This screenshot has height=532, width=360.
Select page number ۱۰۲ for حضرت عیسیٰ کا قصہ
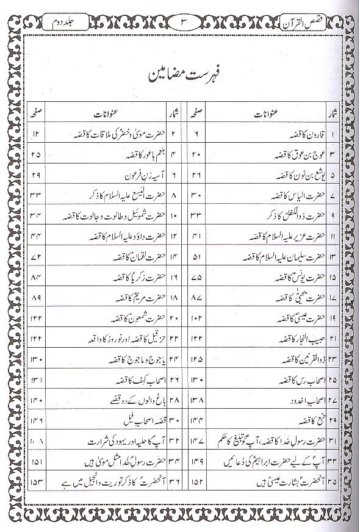pos(196,320)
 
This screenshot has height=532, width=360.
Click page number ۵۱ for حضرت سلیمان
pos(196,258)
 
